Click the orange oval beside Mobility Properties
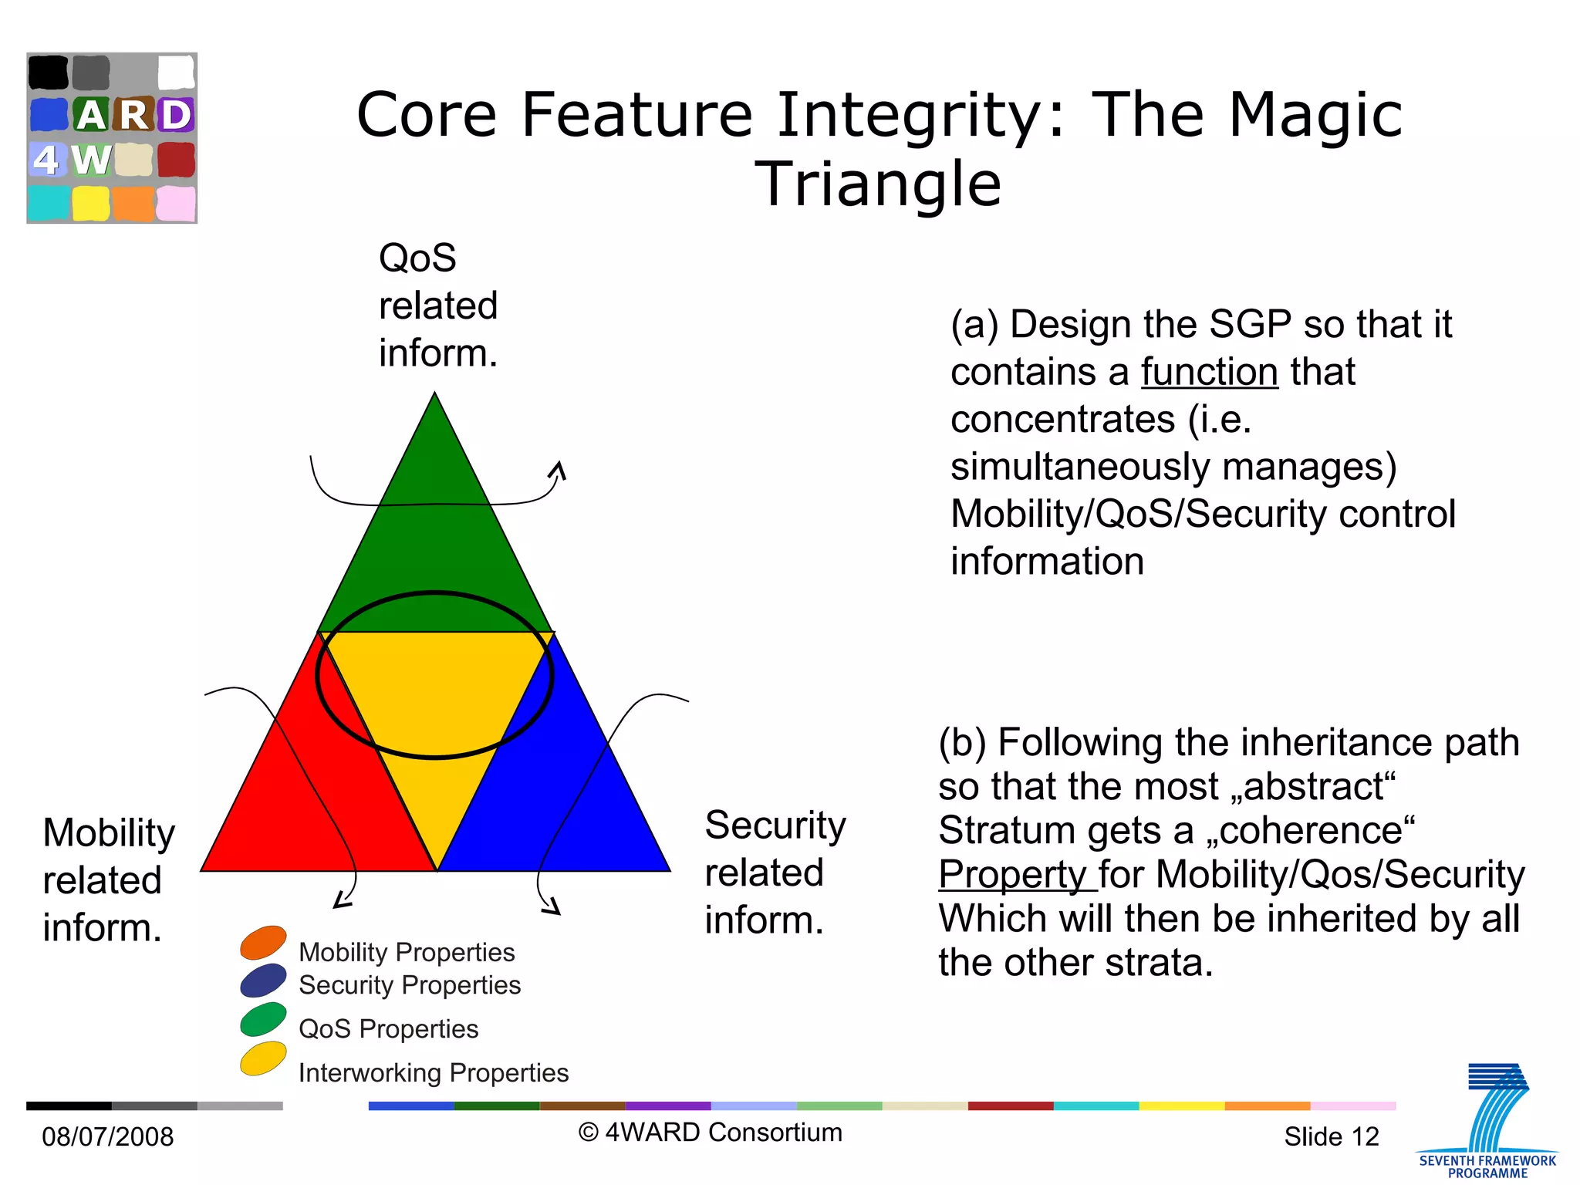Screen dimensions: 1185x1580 (x=263, y=942)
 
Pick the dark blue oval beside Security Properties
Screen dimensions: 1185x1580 (x=263, y=981)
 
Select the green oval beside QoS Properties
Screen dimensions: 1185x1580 (x=263, y=1019)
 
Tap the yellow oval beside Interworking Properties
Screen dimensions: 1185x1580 (x=263, y=1058)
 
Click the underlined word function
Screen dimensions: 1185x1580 (x=1209, y=373)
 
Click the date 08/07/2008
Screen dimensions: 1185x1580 (x=108, y=1136)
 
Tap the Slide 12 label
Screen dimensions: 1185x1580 (x=1331, y=1136)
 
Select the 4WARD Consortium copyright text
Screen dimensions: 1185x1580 (x=710, y=1133)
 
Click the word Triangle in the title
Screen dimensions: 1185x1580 (x=877, y=184)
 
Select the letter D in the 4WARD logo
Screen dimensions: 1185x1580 (x=176, y=115)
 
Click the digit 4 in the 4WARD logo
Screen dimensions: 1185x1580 (x=46, y=160)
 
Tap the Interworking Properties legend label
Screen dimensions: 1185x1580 (x=434, y=1073)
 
